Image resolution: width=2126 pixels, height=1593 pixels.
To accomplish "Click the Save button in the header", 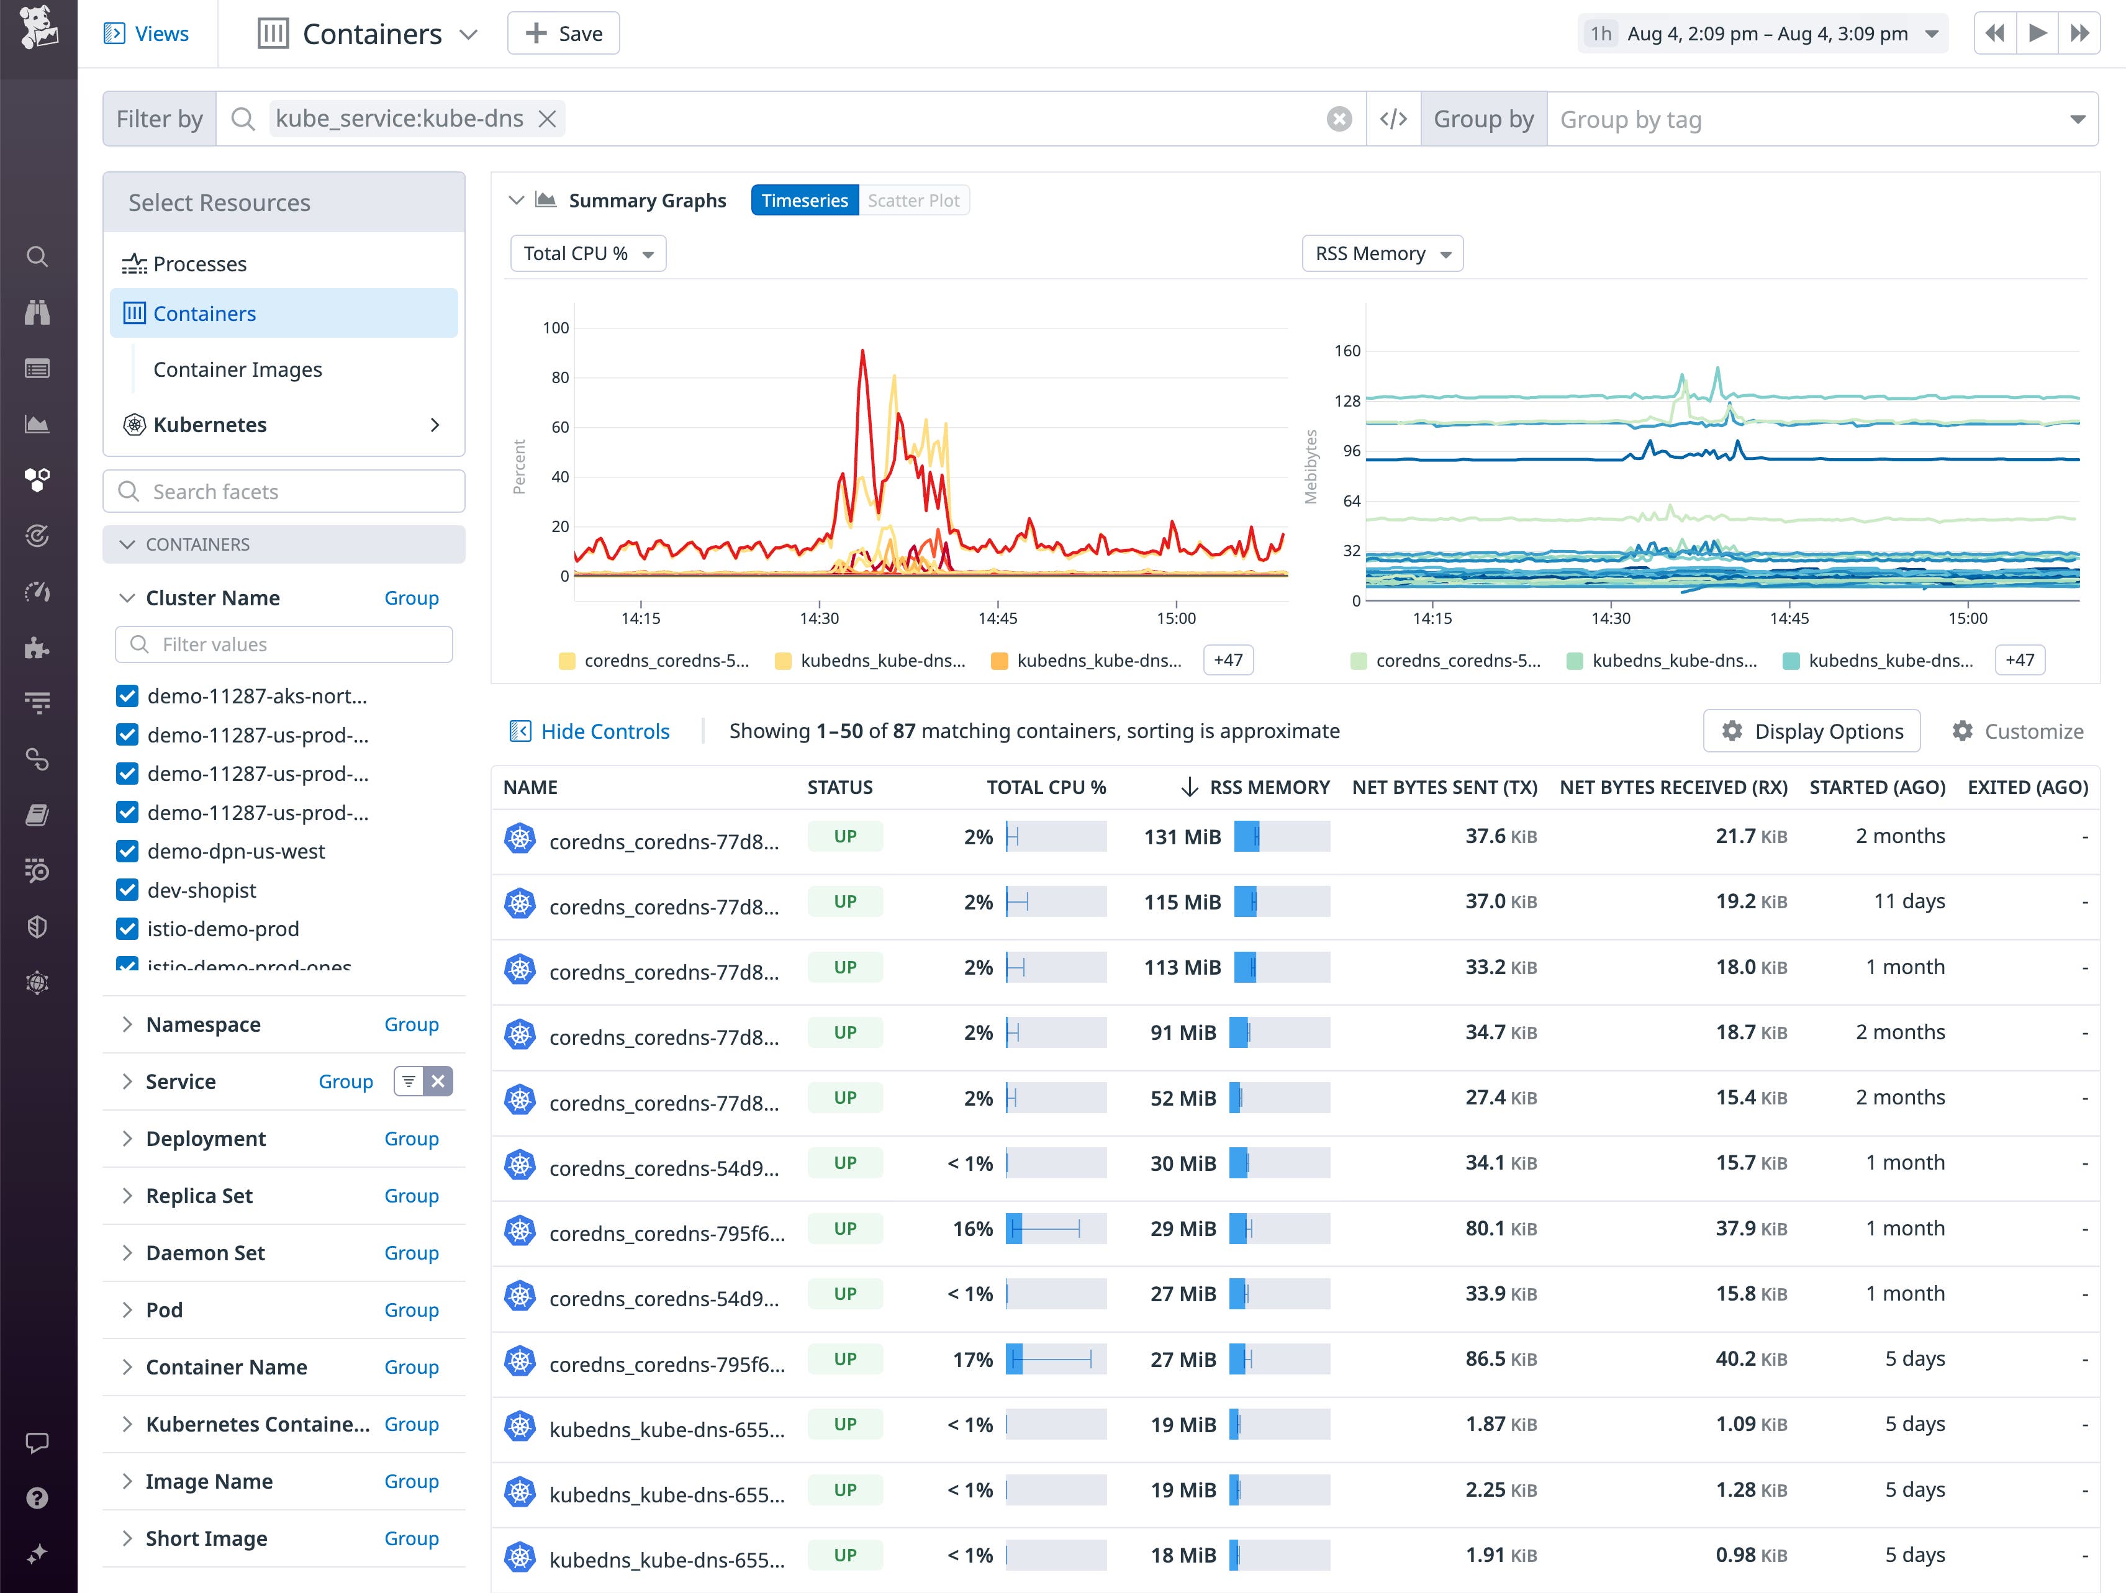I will pos(563,34).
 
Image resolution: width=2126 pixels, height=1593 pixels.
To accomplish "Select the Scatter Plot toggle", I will pos(913,200).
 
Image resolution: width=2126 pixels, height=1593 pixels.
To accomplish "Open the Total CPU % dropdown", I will pos(587,254).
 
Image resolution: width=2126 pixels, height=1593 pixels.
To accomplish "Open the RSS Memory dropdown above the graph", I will pos(1381,254).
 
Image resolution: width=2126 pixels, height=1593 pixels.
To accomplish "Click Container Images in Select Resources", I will pos(237,370).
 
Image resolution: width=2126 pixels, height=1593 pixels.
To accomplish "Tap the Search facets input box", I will pos(284,492).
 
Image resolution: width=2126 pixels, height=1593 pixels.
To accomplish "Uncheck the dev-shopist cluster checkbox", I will pos(127,891).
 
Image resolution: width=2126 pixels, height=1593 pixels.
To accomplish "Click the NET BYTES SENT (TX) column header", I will pos(1444,787).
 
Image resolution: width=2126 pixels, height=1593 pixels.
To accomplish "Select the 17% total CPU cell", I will pos(972,1360).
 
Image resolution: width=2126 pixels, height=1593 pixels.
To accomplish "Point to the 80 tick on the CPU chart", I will pos(559,377).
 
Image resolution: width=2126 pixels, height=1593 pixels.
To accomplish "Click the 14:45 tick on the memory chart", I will pos(1789,618).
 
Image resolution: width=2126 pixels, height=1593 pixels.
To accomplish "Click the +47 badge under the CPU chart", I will pos(1228,660).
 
